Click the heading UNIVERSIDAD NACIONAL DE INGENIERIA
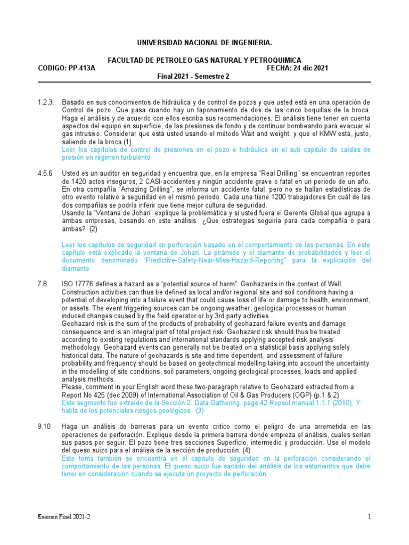pos(204,42)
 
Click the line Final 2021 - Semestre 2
pos(193,76)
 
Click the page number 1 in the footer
pos(369,517)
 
